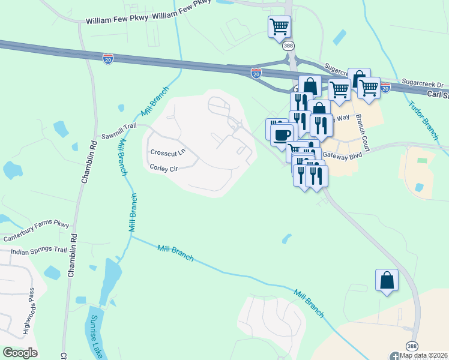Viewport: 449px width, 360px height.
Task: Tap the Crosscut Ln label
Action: pyautogui.click(x=167, y=153)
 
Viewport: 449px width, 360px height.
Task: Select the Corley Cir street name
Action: pyautogui.click(x=164, y=169)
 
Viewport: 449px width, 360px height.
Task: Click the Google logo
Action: pyautogui.click(x=20, y=353)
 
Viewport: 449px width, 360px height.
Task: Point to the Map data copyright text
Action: pyautogui.click(x=424, y=355)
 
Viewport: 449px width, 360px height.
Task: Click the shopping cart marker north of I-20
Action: pyautogui.click(x=279, y=26)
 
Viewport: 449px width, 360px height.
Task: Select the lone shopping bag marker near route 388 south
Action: pyautogui.click(x=387, y=280)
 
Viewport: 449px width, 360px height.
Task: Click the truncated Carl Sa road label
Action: pyautogui.click(x=438, y=95)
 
